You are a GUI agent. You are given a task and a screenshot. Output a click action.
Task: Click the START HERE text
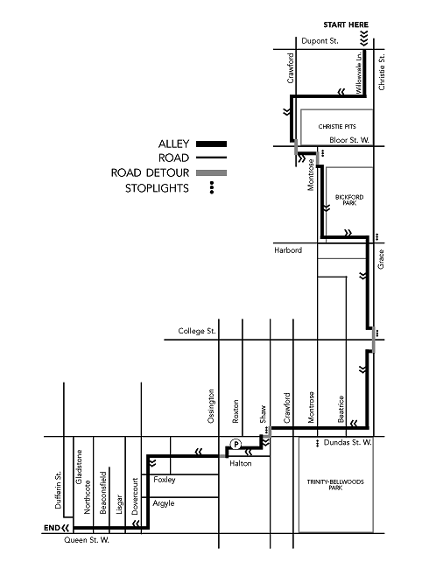(x=346, y=25)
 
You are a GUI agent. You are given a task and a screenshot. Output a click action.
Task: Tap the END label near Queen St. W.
(x=52, y=528)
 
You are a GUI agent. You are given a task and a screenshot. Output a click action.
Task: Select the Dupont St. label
(x=320, y=41)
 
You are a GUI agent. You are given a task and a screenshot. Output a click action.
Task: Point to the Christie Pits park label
(x=337, y=127)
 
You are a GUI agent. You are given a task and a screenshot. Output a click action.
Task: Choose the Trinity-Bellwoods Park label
(x=335, y=485)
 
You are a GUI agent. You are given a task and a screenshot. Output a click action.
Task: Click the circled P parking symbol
(x=236, y=445)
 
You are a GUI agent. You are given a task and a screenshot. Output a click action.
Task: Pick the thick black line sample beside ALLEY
(x=211, y=144)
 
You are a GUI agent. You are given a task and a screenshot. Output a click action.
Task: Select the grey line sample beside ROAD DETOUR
(x=211, y=172)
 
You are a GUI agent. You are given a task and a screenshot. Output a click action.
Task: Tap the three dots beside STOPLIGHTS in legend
(x=212, y=187)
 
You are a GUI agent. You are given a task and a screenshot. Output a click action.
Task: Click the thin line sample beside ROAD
(x=211, y=158)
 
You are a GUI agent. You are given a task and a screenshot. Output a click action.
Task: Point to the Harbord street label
(x=288, y=250)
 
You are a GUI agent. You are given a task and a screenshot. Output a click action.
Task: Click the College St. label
(x=197, y=331)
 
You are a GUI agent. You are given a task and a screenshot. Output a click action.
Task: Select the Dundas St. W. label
(x=348, y=442)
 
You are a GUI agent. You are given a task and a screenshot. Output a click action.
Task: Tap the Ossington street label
(x=211, y=406)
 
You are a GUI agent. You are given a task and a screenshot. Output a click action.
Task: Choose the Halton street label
(x=240, y=463)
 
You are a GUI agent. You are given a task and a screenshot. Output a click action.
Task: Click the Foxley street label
(x=165, y=480)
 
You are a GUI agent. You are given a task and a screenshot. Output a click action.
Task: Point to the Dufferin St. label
(x=58, y=489)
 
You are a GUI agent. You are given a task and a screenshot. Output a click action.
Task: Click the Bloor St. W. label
(x=349, y=140)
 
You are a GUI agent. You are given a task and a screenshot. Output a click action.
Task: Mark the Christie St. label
(x=382, y=72)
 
